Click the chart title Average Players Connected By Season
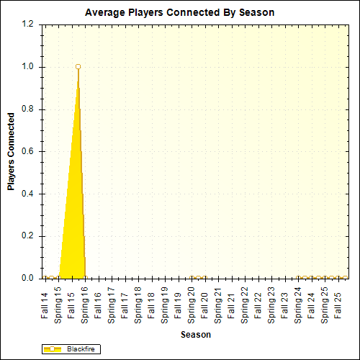179,13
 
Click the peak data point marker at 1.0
78,67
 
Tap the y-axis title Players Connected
11,151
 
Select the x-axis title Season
195,335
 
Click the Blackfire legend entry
71,349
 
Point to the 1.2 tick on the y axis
27,24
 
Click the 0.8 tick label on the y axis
27,109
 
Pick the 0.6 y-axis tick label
27,152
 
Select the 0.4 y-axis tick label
27,194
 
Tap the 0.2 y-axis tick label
27,236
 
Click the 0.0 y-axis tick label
27,279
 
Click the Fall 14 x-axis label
45,305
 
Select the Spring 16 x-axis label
85,303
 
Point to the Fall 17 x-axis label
125,305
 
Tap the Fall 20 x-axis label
205,305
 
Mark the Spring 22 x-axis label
246,303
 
